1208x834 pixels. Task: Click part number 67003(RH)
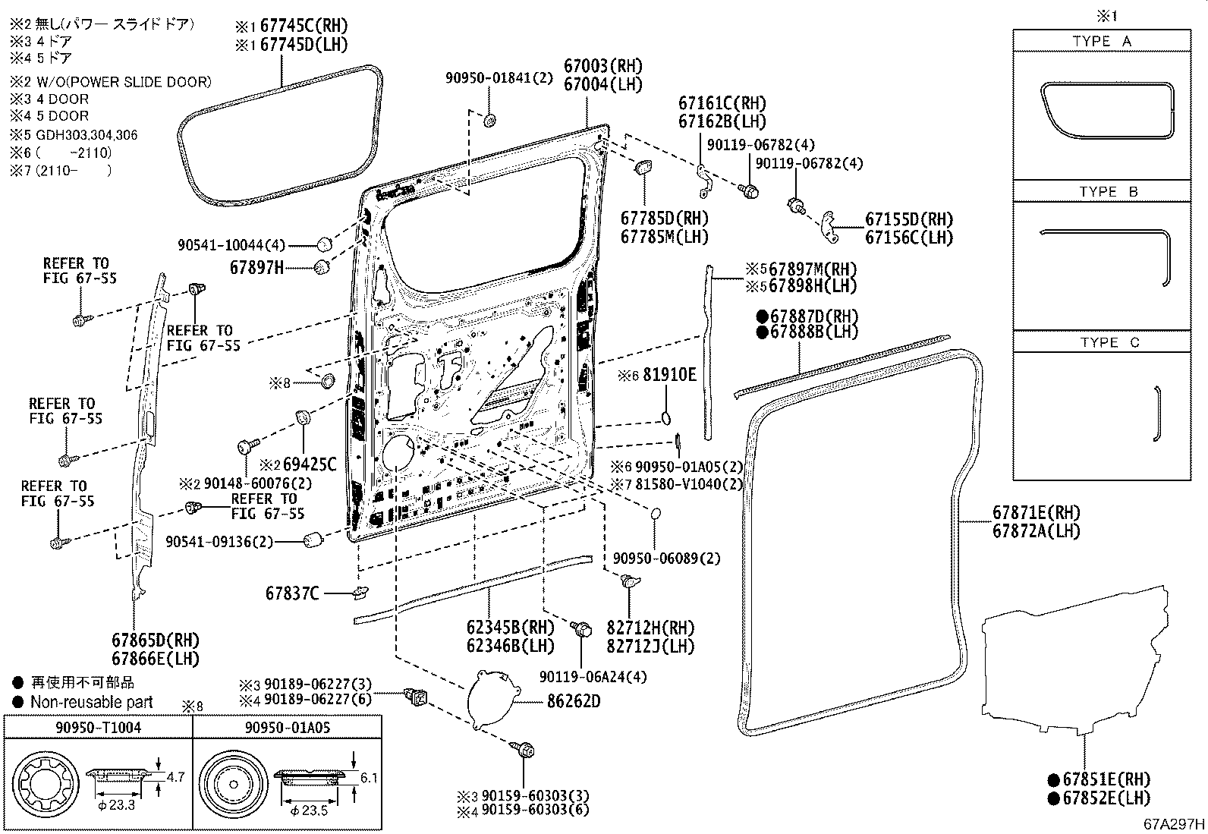[x=602, y=66]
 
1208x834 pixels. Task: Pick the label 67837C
[x=292, y=593]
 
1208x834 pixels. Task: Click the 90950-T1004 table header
[x=98, y=728]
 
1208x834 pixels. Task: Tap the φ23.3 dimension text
[x=115, y=804]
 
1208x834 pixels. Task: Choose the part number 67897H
[x=256, y=268]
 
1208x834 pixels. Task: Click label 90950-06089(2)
[x=666, y=559]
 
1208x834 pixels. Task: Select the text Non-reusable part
[x=91, y=703]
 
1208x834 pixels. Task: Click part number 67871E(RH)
[x=1036, y=513]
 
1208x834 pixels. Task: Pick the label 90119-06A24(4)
[x=593, y=677]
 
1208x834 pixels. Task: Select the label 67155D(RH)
[x=908, y=219]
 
